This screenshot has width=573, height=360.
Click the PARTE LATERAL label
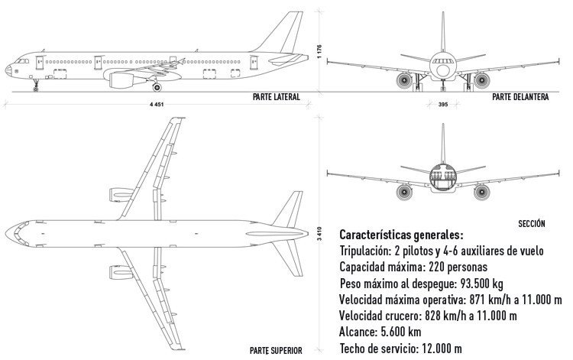click(276, 97)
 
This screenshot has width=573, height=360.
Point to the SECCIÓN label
click(531, 223)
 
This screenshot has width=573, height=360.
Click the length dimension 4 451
click(159, 104)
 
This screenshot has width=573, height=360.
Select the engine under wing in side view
click(122, 78)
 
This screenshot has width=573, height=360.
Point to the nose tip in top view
click(7, 231)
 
